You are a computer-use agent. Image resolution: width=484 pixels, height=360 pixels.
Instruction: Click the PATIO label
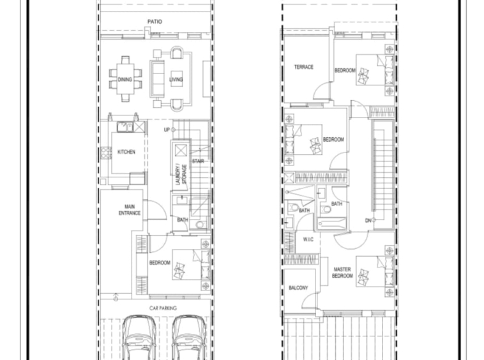[155, 22]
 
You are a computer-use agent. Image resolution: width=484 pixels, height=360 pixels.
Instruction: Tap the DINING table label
[125, 80]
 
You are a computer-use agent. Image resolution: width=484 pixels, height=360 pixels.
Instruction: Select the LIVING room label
[176, 80]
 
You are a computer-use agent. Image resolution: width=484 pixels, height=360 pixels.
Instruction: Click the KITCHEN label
[126, 152]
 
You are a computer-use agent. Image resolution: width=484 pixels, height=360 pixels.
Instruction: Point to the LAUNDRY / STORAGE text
[181, 175]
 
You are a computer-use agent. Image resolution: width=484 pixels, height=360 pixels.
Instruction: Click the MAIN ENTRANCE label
[130, 210]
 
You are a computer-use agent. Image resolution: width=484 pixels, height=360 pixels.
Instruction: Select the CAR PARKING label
[163, 308]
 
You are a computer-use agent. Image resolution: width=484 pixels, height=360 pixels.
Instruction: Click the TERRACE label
[304, 67]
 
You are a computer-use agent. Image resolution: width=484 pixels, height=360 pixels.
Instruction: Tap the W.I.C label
[308, 239]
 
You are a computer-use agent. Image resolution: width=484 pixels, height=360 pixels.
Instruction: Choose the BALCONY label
[298, 288]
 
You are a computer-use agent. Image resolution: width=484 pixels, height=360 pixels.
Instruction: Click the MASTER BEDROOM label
[342, 273]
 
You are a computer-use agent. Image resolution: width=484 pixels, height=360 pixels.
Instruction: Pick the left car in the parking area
[140, 337]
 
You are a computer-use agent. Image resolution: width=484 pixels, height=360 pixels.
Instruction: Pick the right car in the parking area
[189, 337]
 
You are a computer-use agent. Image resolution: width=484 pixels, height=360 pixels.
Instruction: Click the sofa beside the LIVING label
[157, 79]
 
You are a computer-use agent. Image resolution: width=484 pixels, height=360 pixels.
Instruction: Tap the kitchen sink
[125, 127]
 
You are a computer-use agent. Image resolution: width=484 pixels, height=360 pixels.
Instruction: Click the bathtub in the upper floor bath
[332, 223]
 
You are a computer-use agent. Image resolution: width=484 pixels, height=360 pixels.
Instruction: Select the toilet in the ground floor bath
[200, 224]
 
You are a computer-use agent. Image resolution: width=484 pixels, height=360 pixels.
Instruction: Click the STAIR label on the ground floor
[198, 161]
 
